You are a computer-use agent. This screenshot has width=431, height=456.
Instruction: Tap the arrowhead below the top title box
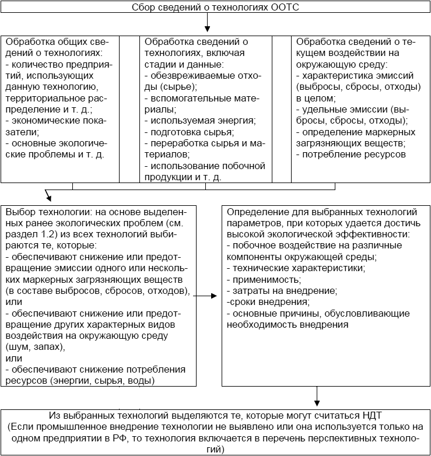point(208,29)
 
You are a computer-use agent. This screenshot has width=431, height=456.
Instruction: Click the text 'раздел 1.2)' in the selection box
point(29,234)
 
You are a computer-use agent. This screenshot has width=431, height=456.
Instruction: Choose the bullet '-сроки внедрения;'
point(268,301)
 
